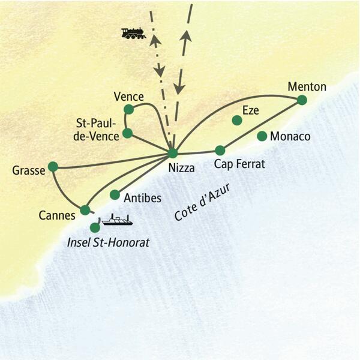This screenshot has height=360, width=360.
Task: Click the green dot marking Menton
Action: [302, 100]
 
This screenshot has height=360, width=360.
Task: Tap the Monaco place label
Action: [290, 137]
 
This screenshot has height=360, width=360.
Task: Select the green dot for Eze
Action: [237, 121]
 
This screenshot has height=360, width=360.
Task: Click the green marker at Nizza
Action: [173, 153]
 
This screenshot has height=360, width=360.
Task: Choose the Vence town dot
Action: [128, 109]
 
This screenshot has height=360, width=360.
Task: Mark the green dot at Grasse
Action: [53, 166]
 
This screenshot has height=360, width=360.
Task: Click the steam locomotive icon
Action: [133, 33]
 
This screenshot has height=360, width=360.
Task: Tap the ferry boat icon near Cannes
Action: [116, 221]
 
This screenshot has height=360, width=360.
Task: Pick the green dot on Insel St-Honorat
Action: [95, 227]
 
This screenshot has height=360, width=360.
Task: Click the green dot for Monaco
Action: [262, 136]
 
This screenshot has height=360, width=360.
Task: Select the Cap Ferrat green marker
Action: [220, 150]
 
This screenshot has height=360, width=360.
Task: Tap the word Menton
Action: [307, 86]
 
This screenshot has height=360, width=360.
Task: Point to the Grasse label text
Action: [29, 171]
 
